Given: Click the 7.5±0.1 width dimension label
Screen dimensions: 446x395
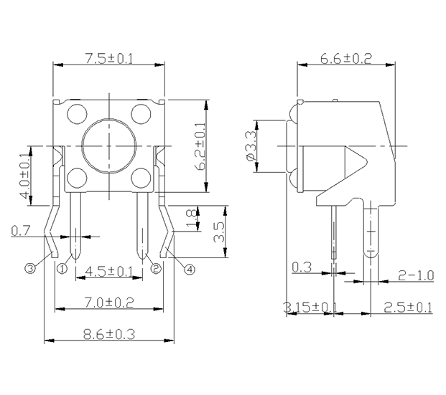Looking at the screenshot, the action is tap(109, 59).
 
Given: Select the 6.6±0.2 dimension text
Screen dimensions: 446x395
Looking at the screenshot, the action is tap(346, 59).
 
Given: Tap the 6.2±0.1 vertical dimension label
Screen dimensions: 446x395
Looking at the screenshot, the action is tap(200, 146).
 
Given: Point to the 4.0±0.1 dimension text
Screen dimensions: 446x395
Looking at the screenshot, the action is tap(24, 176).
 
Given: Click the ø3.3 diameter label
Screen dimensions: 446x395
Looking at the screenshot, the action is tap(252, 146).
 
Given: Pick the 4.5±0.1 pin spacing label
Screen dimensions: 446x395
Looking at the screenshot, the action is tap(109, 272).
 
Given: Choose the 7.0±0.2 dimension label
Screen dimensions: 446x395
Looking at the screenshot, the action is tap(109, 303).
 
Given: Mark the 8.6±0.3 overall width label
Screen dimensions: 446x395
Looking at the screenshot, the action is tap(109, 334).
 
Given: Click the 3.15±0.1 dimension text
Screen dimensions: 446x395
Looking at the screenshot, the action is tap(310, 308).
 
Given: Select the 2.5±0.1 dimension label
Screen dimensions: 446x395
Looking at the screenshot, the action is tap(408, 308).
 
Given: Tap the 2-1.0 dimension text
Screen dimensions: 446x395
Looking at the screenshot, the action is tap(416, 275).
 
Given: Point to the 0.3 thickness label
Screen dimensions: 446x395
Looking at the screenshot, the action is tap(302, 267).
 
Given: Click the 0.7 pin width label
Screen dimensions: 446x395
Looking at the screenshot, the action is tap(20, 231).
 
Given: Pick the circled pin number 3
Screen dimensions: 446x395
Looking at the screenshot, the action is tap(30, 268).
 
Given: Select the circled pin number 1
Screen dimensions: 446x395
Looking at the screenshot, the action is tap(62, 268).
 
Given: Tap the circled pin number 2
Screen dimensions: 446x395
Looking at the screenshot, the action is tap(156, 268).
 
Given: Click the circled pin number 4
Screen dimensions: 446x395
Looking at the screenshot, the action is tap(190, 270).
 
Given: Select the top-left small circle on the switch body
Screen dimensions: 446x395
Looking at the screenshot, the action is tap(77, 114).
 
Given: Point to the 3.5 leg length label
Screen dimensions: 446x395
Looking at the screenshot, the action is tap(219, 232).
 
